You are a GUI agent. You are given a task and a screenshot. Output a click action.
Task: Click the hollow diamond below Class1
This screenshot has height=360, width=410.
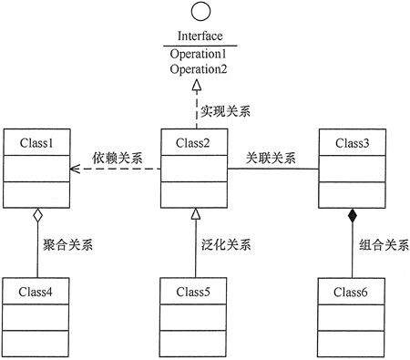[36, 216]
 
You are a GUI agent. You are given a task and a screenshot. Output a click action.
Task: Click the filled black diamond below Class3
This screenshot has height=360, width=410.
[352, 216]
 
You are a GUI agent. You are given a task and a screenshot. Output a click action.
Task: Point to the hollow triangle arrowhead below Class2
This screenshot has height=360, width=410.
[194, 214]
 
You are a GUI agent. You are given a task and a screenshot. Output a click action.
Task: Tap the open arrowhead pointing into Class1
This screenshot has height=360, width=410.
[78, 168]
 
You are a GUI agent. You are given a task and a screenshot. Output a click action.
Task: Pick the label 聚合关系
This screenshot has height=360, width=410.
[68, 244]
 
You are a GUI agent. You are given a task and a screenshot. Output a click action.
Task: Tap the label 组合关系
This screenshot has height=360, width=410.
[384, 244]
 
